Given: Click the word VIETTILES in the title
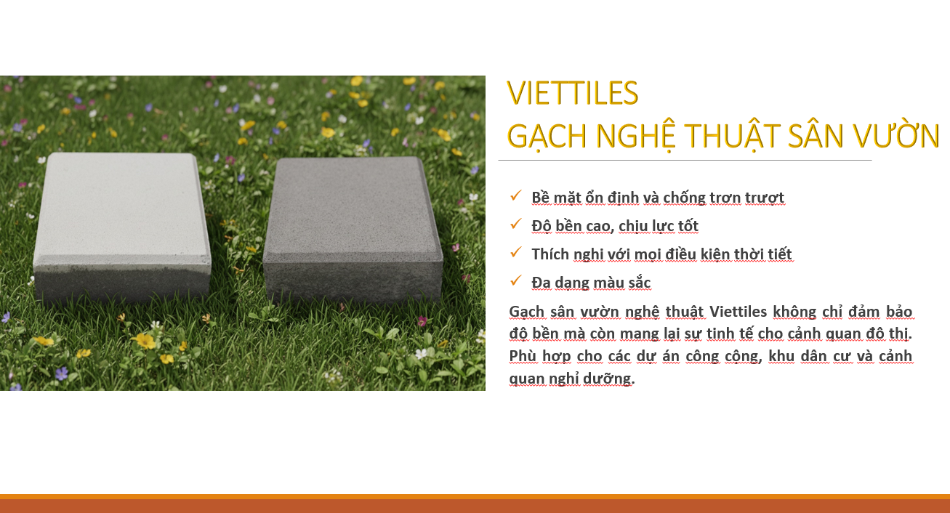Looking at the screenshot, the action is point(573,93).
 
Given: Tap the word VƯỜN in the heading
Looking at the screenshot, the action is point(896,135).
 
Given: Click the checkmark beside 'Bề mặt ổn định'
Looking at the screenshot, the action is point(516,195).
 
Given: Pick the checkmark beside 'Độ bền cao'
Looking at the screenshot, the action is point(516,224).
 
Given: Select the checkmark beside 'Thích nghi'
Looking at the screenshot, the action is point(516,252).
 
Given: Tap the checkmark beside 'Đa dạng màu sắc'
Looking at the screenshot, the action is point(516,280).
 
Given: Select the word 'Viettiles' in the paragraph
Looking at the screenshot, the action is point(738,312).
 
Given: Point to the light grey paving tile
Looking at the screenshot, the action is point(121,227).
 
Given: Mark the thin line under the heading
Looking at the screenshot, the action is point(685,161).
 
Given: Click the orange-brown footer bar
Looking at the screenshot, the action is point(475,504).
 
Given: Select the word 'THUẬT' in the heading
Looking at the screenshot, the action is point(732,137).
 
